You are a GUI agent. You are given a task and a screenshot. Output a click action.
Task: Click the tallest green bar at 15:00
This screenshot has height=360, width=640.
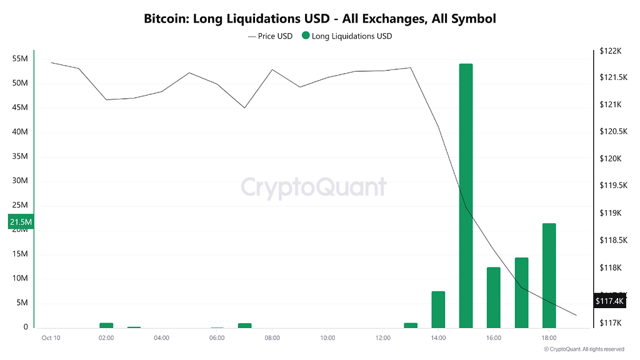[466, 195]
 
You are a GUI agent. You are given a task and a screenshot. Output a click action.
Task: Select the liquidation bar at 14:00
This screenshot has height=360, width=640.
[438, 309]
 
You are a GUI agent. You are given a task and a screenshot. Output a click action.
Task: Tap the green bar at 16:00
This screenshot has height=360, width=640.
[494, 297]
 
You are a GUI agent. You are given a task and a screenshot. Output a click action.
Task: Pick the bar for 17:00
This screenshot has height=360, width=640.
[521, 292]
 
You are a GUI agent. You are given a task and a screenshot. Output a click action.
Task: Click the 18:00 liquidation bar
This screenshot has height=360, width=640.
[549, 275]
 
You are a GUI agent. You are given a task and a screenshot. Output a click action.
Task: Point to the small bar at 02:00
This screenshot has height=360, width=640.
[106, 325]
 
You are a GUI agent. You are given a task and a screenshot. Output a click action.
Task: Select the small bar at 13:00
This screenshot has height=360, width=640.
[411, 325]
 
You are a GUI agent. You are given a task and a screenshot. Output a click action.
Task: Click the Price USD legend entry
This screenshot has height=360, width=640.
[270, 36]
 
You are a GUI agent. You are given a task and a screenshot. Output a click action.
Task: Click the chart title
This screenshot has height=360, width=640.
[319, 19]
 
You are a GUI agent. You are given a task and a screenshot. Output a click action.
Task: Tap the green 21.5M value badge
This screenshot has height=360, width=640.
[21, 222]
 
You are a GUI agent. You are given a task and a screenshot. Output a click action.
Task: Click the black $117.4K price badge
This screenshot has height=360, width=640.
[609, 301]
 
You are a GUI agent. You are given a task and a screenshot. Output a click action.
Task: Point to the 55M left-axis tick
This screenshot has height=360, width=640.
[20, 59]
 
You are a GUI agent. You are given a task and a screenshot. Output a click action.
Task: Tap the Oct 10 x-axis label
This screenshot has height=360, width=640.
[51, 338]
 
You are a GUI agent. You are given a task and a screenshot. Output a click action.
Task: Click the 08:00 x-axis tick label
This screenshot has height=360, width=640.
[272, 338]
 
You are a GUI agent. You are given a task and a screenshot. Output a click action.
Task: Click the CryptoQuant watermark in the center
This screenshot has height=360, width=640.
[314, 186]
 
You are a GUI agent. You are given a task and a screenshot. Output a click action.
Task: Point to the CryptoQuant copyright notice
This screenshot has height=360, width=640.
[584, 349]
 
